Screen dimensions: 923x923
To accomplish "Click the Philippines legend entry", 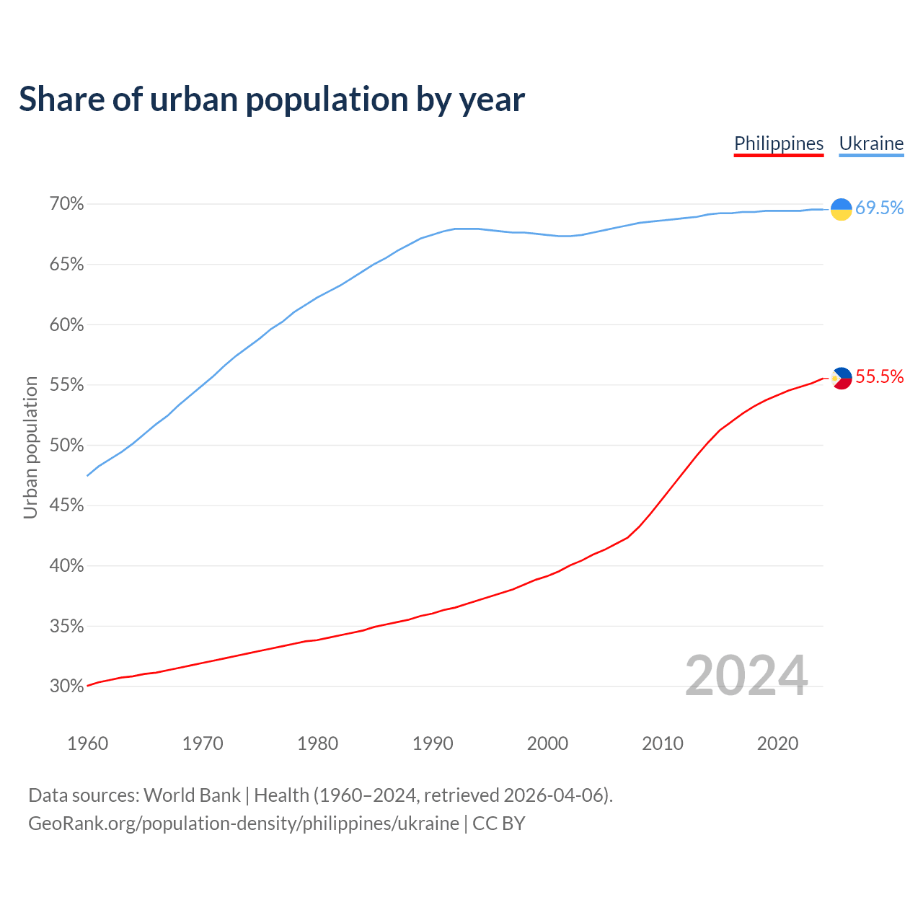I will tap(779, 143).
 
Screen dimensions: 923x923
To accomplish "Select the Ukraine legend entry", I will tap(871, 143).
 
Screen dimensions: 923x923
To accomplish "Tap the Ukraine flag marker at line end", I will tap(842, 208).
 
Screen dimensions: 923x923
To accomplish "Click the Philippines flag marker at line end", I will tap(842, 378).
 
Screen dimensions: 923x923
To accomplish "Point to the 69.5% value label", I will tap(879, 208).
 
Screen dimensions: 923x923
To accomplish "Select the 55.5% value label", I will tap(879, 377).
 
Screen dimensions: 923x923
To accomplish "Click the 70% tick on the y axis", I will tap(67, 204).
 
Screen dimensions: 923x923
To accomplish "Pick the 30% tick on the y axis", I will tap(67, 686).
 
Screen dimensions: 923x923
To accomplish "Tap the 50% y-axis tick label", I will tap(67, 445).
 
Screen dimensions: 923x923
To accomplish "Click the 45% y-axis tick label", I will tap(67, 505).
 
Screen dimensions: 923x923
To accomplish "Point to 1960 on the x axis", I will tap(87, 743).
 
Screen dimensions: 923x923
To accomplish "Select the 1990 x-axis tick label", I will tap(433, 743).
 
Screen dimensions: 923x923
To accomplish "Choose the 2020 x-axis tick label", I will tap(777, 743).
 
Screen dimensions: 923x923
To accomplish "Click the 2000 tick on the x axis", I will tap(547, 743).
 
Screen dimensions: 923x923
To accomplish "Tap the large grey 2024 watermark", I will tap(746, 676).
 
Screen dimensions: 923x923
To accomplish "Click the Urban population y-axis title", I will tap(30, 447).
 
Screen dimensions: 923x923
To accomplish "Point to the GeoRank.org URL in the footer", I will tap(244, 823).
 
